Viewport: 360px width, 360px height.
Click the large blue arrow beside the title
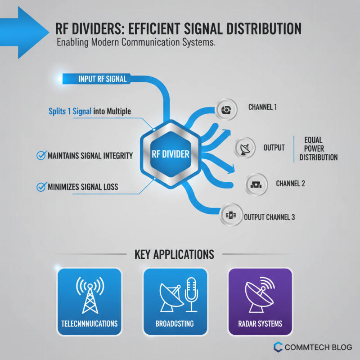23,32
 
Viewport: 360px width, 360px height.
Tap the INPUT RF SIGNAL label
103,79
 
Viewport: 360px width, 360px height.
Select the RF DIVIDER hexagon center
171,154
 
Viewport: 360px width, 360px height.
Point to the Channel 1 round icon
226,109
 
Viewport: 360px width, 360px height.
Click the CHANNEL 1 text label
262,107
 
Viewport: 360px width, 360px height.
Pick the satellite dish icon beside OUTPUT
244,148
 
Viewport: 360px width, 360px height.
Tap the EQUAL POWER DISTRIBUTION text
319,148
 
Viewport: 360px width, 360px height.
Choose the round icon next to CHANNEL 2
256,184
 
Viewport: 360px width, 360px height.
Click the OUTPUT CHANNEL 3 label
269,217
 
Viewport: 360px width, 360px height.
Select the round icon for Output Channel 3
231,215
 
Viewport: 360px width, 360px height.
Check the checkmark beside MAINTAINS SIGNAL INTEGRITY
41,155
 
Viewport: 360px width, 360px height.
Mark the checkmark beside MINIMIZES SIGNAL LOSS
41,187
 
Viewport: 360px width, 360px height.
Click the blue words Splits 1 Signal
70,111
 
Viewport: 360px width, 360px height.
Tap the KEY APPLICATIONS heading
174,254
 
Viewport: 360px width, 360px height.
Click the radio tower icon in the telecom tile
90,295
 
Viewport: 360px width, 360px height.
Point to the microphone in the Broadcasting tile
191,295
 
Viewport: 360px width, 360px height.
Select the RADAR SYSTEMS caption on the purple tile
260,324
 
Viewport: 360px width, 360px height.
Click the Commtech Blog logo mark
278,347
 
